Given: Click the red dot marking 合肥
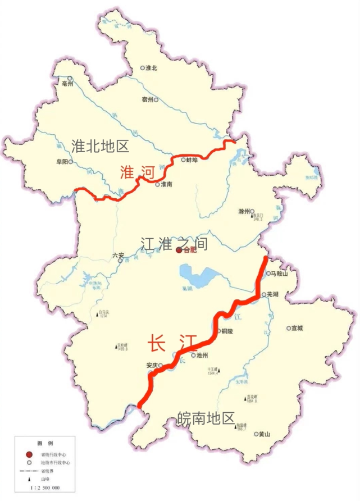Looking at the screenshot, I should pyautogui.click(x=179, y=250).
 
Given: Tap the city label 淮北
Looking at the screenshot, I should pyautogui.click(x=152, y=67).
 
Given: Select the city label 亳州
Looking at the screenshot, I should pyautogui.click(x=68, y=85).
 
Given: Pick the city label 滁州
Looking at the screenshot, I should pyautogui.click(x=244, y=212).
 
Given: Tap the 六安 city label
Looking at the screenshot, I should pyautogui.click(x=117, y=254).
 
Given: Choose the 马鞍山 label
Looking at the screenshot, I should pyautogui.click(x=279, y=274).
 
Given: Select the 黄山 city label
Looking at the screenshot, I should pyautogui.click(x=264, y=434).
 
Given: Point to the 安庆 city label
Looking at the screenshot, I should pyautogui.click(x=152, y=365).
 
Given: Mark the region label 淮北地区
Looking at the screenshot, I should pyautogui.click(x=101, y=147).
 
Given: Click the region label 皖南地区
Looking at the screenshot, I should pyautogui.click(x=206, y=418).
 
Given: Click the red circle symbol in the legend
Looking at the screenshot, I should pyautogui.click(x=28, y=456).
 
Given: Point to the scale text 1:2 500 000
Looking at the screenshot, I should pyautogui.click(x=45, y=488).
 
